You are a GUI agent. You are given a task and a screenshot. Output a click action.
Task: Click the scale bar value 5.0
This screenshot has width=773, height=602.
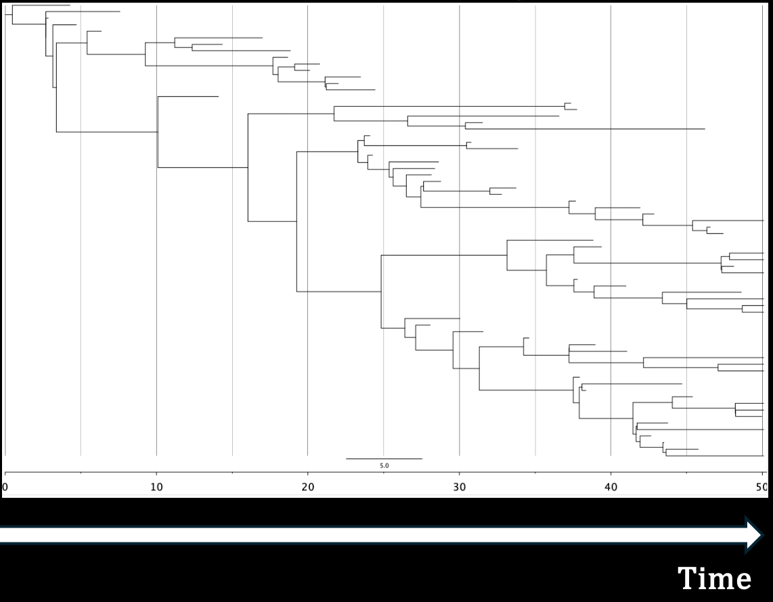(384, 466)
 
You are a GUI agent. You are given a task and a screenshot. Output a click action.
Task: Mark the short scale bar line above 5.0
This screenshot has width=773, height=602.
(384, 459)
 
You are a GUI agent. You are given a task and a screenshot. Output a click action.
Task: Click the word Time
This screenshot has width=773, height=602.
(715, 579)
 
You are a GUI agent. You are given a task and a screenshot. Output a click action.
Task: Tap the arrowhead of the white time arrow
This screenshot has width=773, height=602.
(755, 535)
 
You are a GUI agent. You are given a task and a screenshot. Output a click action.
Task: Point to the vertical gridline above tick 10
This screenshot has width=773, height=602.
(156, 271)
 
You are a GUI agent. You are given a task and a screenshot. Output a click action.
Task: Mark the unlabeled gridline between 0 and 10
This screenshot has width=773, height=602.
(81, 271)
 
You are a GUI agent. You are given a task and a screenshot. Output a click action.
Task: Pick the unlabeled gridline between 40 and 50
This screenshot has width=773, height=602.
(686, 169)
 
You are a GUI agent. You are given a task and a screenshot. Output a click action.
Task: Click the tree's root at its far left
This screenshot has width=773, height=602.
(6, 14)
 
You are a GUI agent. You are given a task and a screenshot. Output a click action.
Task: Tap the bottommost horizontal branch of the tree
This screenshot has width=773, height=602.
(714, 456)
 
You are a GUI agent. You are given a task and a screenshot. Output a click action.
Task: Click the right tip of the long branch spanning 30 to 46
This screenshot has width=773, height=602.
(705, 129)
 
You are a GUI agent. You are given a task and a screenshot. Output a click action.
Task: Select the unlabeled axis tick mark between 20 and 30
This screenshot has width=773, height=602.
(384, 473)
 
